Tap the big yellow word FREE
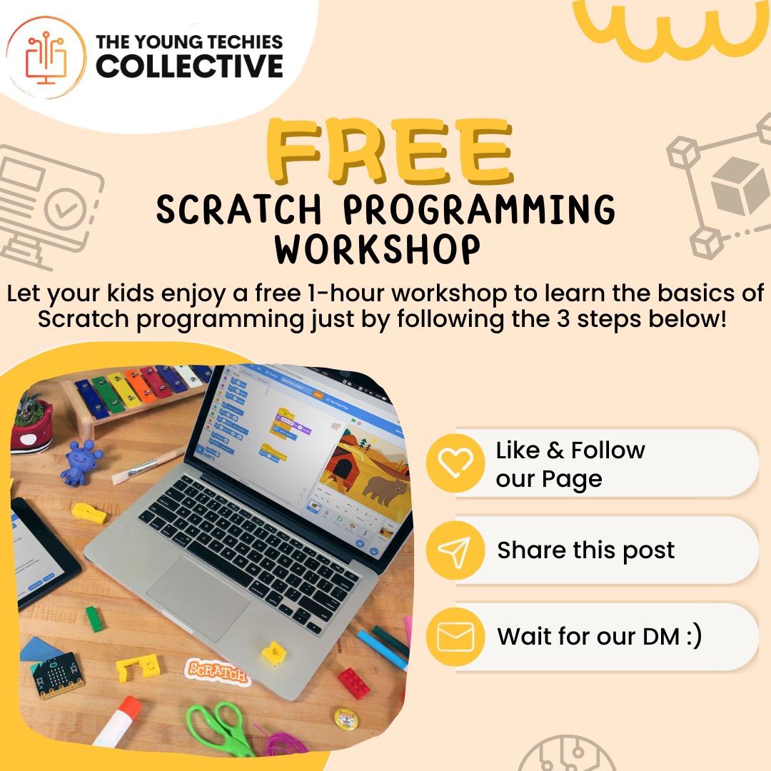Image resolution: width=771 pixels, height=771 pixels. (390, 151)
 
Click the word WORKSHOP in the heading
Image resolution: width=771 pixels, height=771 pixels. (378, 249)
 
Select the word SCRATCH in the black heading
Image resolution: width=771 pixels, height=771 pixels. (241, 210)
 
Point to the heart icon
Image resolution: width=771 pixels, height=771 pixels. (455, 463)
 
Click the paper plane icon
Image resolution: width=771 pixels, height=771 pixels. (455, 551)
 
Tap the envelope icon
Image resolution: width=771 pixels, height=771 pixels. (455, 638)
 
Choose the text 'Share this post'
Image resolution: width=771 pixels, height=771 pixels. (585, 550)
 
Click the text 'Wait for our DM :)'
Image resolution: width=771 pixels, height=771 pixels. (599, 636)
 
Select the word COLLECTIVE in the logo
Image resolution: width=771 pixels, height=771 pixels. (190, 66)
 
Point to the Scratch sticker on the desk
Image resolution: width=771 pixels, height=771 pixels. (217, 672)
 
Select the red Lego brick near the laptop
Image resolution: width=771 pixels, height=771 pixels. (354, 682)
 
